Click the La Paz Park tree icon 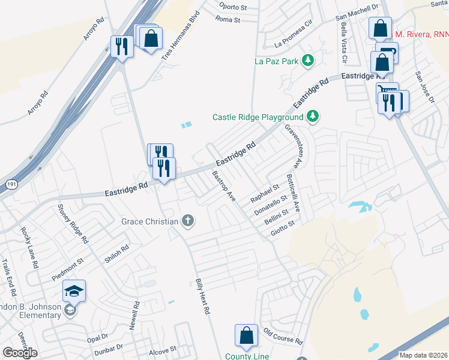click(x=308, y=60)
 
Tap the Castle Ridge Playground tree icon click(x=312, y=116)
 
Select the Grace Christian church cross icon click(x=188, y=221)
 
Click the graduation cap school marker click(x=74, y=291)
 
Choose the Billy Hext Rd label click(x=202, y=297)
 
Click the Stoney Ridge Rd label click(x=73, y=224)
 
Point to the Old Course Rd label click(x=283, y=337)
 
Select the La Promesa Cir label click(x=294, y=35)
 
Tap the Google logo click(x=20, y=353)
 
